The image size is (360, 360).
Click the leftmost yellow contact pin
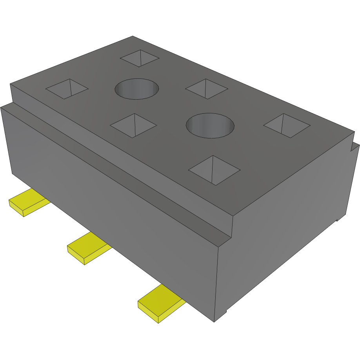point(27,202)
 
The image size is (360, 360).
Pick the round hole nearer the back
point(137,89)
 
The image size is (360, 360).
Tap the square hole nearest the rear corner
point(140,58)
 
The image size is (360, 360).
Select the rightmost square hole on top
point(287,125)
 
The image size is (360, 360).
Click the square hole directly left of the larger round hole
point(133,125)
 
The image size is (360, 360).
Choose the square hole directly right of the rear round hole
point(206,89)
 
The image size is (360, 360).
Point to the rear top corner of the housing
point(133,36)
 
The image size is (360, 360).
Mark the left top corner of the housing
point(11,84)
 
